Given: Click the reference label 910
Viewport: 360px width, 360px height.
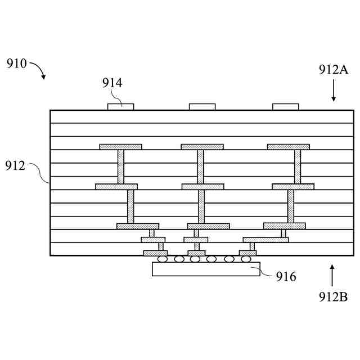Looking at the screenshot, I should click(x=16, y=63).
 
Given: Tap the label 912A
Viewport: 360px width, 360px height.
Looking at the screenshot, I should click(x=334, y=70).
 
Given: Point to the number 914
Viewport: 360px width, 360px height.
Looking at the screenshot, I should click(x=112, y=83).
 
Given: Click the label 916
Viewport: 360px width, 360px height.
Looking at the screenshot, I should click(x=286, y=276).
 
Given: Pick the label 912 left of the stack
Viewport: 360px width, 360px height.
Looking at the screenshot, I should click(x=16, y=166).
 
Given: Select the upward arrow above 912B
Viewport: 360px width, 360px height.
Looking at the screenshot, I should click(x=332, y=276).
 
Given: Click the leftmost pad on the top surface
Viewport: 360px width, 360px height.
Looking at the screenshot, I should click(x=120, y=106).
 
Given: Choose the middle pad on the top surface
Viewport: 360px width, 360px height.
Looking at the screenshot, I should click(x=202, y=106).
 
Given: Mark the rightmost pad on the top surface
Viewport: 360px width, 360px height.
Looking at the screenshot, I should click(x=285, y=106).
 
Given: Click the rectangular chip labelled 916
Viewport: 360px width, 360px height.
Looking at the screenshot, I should click(x=206, y=269).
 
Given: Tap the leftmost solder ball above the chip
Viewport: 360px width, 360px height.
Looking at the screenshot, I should click(x=163, y=259).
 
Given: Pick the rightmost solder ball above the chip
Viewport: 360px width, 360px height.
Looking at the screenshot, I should click(x=245, y=259).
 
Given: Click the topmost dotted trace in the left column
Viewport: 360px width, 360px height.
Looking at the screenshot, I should click(x=120, y=147).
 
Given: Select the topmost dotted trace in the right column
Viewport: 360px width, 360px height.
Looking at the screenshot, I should click(x=288, y=147).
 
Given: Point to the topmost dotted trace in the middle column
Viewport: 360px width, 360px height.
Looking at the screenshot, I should click(x=202, y=147).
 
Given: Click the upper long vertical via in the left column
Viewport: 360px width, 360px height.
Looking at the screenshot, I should click(x=120, y=166).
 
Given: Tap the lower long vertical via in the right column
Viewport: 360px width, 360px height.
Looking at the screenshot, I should click(x=291, y=206).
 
